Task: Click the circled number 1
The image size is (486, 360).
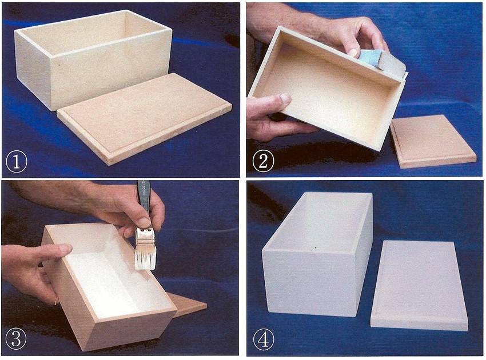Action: click(17, 161)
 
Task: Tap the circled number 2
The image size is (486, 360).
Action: click(263, 161)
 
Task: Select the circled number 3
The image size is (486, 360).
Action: click(16, 339)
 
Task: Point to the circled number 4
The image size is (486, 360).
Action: click(264, 339)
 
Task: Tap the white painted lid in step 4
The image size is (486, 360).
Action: click(419, 286)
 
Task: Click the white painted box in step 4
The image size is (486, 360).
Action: click(318, 254)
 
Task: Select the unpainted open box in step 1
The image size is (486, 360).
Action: click(93, 59)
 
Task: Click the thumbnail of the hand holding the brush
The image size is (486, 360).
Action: click(144, 222)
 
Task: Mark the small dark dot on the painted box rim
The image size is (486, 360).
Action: click(315, 248)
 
